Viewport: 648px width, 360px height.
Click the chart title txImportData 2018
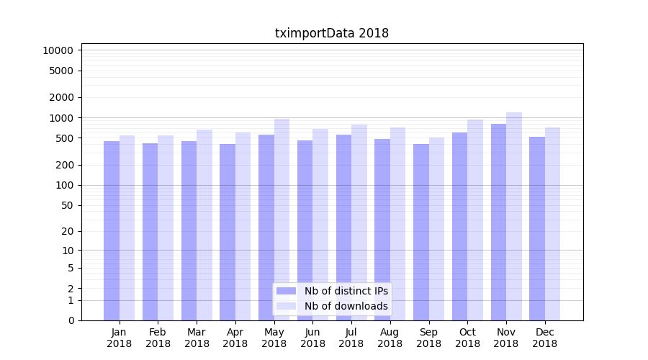332,33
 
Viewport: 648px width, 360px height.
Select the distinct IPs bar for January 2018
112,230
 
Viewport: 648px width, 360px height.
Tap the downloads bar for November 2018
514,216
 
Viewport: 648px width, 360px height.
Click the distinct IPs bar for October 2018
459,226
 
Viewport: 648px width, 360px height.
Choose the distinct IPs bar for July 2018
343,228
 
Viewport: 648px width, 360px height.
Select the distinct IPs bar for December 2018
537,228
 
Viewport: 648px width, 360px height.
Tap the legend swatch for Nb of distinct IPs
286,291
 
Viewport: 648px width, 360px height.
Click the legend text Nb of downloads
346,306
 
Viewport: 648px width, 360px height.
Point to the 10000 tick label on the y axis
58,50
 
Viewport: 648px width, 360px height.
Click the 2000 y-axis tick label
60,97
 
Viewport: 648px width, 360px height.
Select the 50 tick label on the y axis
66,205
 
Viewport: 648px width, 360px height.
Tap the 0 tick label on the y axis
71,320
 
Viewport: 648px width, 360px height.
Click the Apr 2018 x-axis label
235,338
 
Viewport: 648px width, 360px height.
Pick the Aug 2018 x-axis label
390,338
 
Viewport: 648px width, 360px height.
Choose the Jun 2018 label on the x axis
312,338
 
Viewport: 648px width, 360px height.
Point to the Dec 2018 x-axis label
544,338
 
